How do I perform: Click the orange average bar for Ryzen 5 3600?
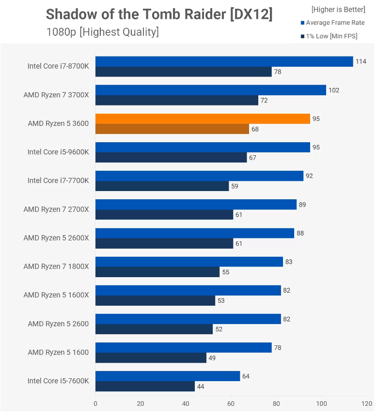pyautogui.click(x=203, y=119)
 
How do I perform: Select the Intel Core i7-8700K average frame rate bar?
pyautogui.click(x=224, y=61)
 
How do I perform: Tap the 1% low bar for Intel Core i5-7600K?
pyautogui.click(x=145, y=386)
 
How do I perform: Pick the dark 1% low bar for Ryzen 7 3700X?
pyautogui.click(x=177, y=100)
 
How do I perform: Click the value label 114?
pyautogui.click(x=361, y=61)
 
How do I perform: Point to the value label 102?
pyautogui.click(x=334, y=90)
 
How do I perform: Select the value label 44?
pyautogui.click(x=201, y=386)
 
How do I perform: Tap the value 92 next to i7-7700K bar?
pyautogui.click(x=309, y=176)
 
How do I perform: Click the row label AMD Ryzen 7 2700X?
pyautogui.click(x=56, y=209)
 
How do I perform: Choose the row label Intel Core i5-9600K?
pyautogui.click(x=58, y=152)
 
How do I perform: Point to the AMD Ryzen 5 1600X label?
pyautogui.click(x=56, y=295)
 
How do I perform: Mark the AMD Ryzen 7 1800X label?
pyautogui.click(x=56, y=266)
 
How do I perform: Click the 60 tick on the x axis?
pyautogui.click(x=231, y=403)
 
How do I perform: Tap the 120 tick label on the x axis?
pyautogui.click(x=367, y=403)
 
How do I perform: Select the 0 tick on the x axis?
pyautogui.click(x=95, y=403)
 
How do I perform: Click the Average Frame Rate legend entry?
pyautogui.click(x=333, y=23)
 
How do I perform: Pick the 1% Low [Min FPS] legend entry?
pyautogui.click(x=329, y=36)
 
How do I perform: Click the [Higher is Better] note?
pyautogui.click(x=338, y=10)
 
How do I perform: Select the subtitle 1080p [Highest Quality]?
pyautogui.click(x=103, y=32)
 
